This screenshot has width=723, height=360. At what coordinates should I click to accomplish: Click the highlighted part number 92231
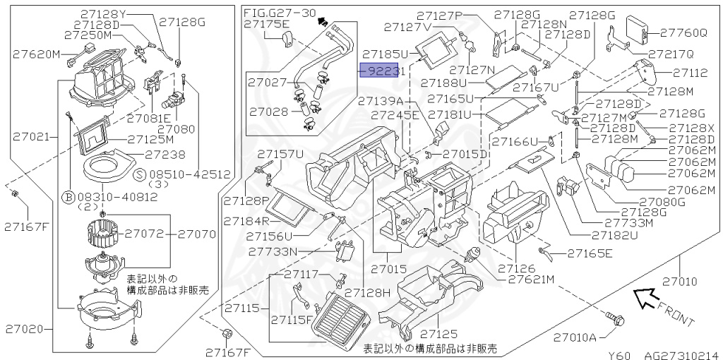click(x=382, y=71)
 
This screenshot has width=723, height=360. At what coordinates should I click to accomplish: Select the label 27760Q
click(x=683, y=32)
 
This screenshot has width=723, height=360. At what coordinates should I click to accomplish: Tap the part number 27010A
click(x=575, y=337)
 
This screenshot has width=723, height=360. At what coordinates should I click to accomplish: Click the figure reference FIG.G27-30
click(x=280, y=13)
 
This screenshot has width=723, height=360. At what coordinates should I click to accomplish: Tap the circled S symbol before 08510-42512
click(x=139, y=173)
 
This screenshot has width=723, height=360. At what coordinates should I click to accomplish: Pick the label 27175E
click(x=267, y=24)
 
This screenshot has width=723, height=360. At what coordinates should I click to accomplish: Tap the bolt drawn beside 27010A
click(x=617, y=320)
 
